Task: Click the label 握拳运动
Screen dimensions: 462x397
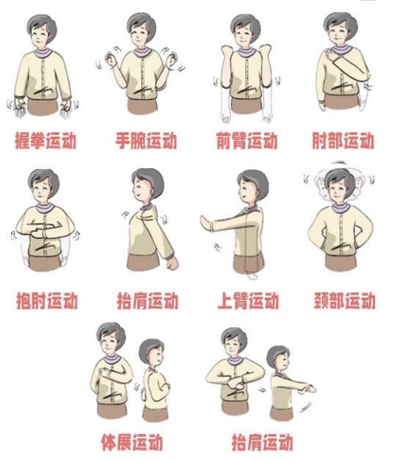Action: [45, 140]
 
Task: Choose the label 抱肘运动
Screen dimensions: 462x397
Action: [46, 300]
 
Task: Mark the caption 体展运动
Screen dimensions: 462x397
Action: [131, 442]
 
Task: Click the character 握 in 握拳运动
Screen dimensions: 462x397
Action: [23, 140]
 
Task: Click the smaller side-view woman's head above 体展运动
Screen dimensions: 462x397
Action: [152, 353]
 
